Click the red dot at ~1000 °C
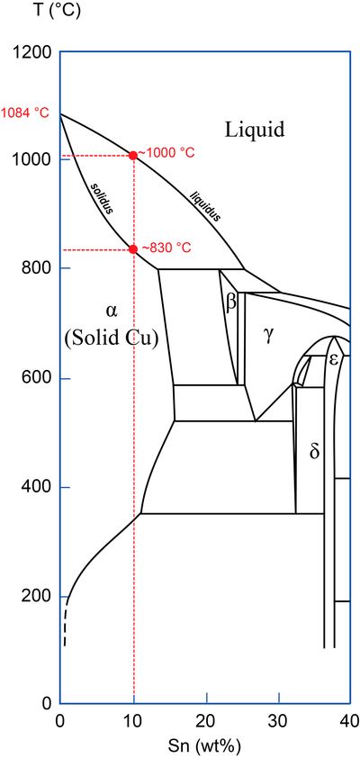133,155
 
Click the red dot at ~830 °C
133,249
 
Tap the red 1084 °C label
24,114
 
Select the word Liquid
254,130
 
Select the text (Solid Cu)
112,338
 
